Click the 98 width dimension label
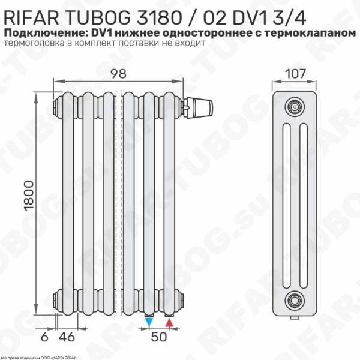[x=118, y=74]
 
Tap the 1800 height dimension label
[x=29, y=196]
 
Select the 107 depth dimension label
[x=295, y=74]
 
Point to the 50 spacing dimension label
[x=159, y=337]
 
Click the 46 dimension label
[x=67, y=337]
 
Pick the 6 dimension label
[x=44, y=337]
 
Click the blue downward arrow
[x=149, y=322]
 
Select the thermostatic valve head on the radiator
[x=199, y=107]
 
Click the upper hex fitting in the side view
[x=295, y=107]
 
